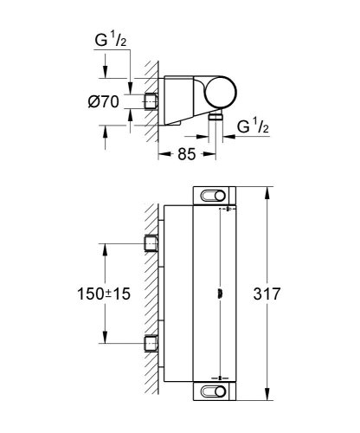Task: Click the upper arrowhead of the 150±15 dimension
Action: click(x=106, y=245)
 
